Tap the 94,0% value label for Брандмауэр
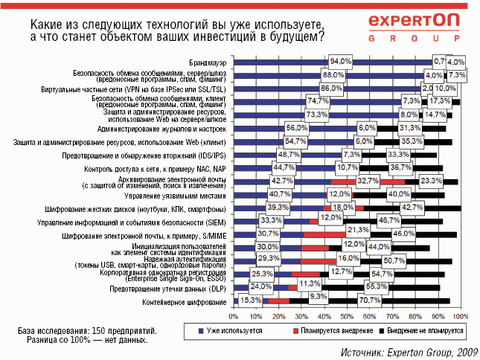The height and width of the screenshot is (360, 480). pyautogui.click(x=341, y=61)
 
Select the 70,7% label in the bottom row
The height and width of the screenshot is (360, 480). pyautogui.click(x=390, y=301)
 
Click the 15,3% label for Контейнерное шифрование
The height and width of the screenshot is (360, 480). pyautogui.click(x=249, y=301)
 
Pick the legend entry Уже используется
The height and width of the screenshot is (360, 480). pyautogui.click(x=231, y=329)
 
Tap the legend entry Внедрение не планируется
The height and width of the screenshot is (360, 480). pyautogui.click(x=423, y=329)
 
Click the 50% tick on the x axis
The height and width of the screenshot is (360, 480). pyautogui.click(x=348, y=316)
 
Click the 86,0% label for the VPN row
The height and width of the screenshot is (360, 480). pyautogui.click(x=331, y=88)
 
